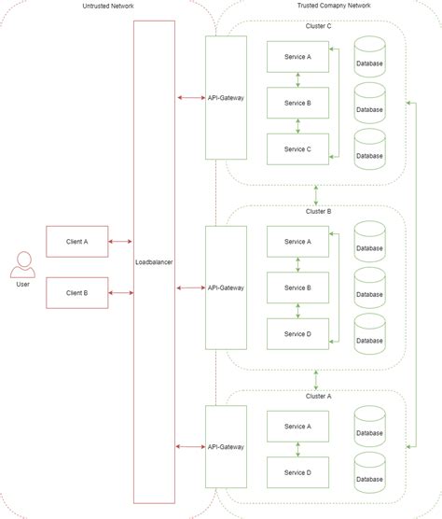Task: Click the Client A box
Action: tap(77, 241)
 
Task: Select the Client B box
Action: tap(77, 292)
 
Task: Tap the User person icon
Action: tap(23, 265)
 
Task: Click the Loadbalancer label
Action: tap(154, 262)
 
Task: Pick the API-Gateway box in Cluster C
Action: tap(226, 96)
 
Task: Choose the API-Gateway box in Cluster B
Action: tap(226, 287)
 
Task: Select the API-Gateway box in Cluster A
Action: tap(226, 447)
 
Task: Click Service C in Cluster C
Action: tap(297, 148)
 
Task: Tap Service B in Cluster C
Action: tap(297, 103)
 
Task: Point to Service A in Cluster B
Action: tap(297, 242)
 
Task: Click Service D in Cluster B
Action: tap(297, 333)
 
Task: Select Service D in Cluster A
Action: tap(297, 471)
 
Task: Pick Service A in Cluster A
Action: tap(297, 426)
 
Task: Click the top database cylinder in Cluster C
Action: tap(369, 59)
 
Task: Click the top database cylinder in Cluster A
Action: tap(369, 427)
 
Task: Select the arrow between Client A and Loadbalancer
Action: tap(121, 241)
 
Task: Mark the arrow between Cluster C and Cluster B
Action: tap(317, 195)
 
